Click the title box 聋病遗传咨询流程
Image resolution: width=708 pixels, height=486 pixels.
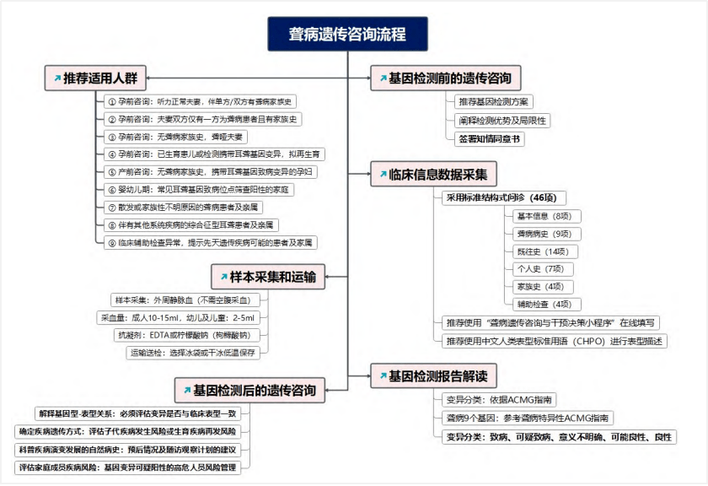coord(347,34)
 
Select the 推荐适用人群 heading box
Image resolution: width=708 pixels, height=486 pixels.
coord(95,78)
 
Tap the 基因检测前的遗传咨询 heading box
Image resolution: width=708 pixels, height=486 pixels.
coord(446,78)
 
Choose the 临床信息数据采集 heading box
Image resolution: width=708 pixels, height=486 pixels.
coord(433,174)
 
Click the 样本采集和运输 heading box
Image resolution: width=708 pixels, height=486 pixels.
coord(268,277)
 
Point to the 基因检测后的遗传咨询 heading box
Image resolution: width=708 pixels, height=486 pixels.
coord(249,390)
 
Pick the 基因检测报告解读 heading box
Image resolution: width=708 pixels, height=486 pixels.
coord(433,375)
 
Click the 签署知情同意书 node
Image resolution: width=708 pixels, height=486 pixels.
coord(490,138)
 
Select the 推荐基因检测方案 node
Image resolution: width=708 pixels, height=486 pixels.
coord(494,102)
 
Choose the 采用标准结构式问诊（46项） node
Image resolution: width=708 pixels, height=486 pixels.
coord(503,197)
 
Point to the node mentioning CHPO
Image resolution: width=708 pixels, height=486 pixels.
coord(554,341)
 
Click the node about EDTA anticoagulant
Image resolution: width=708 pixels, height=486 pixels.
coord(188,335)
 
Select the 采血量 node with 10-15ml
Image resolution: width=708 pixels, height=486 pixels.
coord(178,317)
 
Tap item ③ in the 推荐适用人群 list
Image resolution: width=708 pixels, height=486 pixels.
coord(175,137)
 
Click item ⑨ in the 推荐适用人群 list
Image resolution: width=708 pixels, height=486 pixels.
coord(211,243)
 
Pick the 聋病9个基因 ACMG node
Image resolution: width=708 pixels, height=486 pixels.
coord(527,418)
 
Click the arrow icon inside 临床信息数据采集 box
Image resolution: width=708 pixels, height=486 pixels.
coord(383,174)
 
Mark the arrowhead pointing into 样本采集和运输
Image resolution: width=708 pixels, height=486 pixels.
coord(327,277)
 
